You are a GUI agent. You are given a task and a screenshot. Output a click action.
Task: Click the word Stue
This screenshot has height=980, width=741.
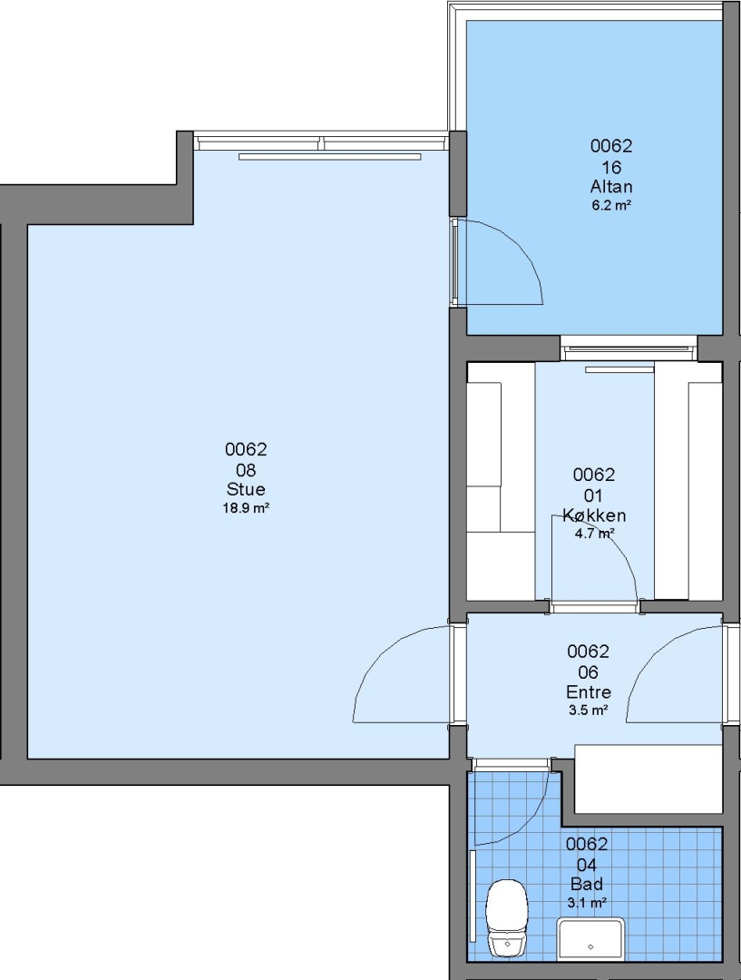tap(246, 489)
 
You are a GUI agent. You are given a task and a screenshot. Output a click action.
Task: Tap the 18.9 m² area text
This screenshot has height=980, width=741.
tap(246, 507)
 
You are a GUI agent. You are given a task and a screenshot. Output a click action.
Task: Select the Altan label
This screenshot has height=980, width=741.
tap(611, 187)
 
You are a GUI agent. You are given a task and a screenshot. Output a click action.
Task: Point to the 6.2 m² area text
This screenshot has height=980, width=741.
tap(611, 205)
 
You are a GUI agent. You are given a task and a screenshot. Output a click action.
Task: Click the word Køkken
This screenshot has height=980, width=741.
tap(593, 515)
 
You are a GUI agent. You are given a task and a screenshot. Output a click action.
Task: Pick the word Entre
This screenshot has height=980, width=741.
tap(588, 692)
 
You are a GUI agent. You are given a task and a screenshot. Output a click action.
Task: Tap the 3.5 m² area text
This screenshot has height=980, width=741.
tap(588, 710)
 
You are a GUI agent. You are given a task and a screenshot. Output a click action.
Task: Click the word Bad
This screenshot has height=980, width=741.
tap(587, 885)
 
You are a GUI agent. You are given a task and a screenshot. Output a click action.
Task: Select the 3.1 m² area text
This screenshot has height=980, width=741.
tap(587, 903)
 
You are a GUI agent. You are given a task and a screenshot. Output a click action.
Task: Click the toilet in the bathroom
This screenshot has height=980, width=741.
tap(507, 917)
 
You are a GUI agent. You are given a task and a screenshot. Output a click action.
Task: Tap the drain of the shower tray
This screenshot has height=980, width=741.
tap(590, 946)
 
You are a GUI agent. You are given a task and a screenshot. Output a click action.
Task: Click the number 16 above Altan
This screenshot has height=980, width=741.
tap(611, 167)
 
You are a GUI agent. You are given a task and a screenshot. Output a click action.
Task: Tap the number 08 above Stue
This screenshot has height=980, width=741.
tap(246, 470)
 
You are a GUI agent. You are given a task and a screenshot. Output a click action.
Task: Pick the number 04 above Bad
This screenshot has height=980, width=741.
tap(587, 865)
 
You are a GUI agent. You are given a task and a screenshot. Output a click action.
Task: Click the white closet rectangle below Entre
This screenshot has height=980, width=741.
tap(648, 779)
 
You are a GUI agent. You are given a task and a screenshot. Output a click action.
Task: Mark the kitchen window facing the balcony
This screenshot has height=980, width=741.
tap(629, 348)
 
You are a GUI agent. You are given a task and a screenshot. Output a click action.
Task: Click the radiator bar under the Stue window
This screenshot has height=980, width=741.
tap(330, 157)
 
